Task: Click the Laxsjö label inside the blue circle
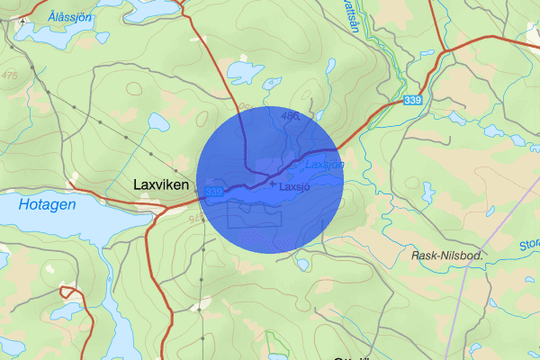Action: coord(294,187)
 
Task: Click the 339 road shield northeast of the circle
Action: coord(413,99)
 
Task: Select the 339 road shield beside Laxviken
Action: coord(213,192)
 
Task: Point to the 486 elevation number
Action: coord(289,115)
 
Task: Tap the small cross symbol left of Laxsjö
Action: coord(273,184)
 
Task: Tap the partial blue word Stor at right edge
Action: coord(529,243)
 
